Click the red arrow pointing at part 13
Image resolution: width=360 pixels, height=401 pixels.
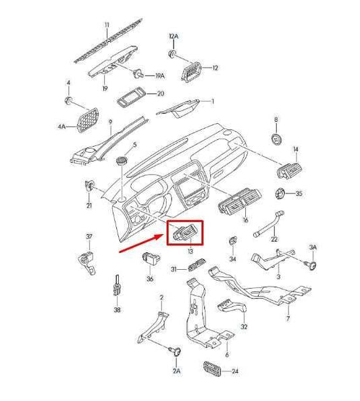141,243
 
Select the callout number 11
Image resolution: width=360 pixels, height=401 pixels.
107,25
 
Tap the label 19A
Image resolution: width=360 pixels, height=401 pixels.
160,76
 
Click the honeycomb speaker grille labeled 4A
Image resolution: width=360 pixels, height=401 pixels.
88,120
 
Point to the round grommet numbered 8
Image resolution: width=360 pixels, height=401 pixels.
276,139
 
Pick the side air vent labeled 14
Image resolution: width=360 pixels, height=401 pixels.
290,170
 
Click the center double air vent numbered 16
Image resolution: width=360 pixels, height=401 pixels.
240,200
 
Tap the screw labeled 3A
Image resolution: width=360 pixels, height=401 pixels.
312,265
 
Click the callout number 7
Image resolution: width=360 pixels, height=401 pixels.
288,319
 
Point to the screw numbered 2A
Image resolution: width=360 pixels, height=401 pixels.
176,352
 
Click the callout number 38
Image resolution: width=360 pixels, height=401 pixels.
117,310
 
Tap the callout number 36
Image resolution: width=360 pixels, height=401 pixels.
150,279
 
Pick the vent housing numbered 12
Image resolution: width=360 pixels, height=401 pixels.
191,72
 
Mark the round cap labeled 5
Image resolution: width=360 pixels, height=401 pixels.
122,160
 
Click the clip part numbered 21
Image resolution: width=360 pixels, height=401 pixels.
89,185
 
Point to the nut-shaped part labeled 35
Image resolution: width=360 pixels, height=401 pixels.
280,193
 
